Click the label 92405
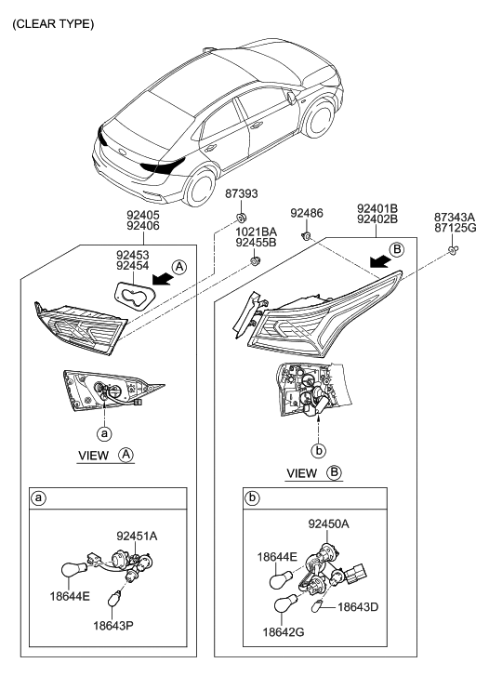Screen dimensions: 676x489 pos(142,213)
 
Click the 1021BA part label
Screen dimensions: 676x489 pos(256,232)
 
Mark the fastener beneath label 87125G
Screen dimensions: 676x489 pos(451,250)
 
